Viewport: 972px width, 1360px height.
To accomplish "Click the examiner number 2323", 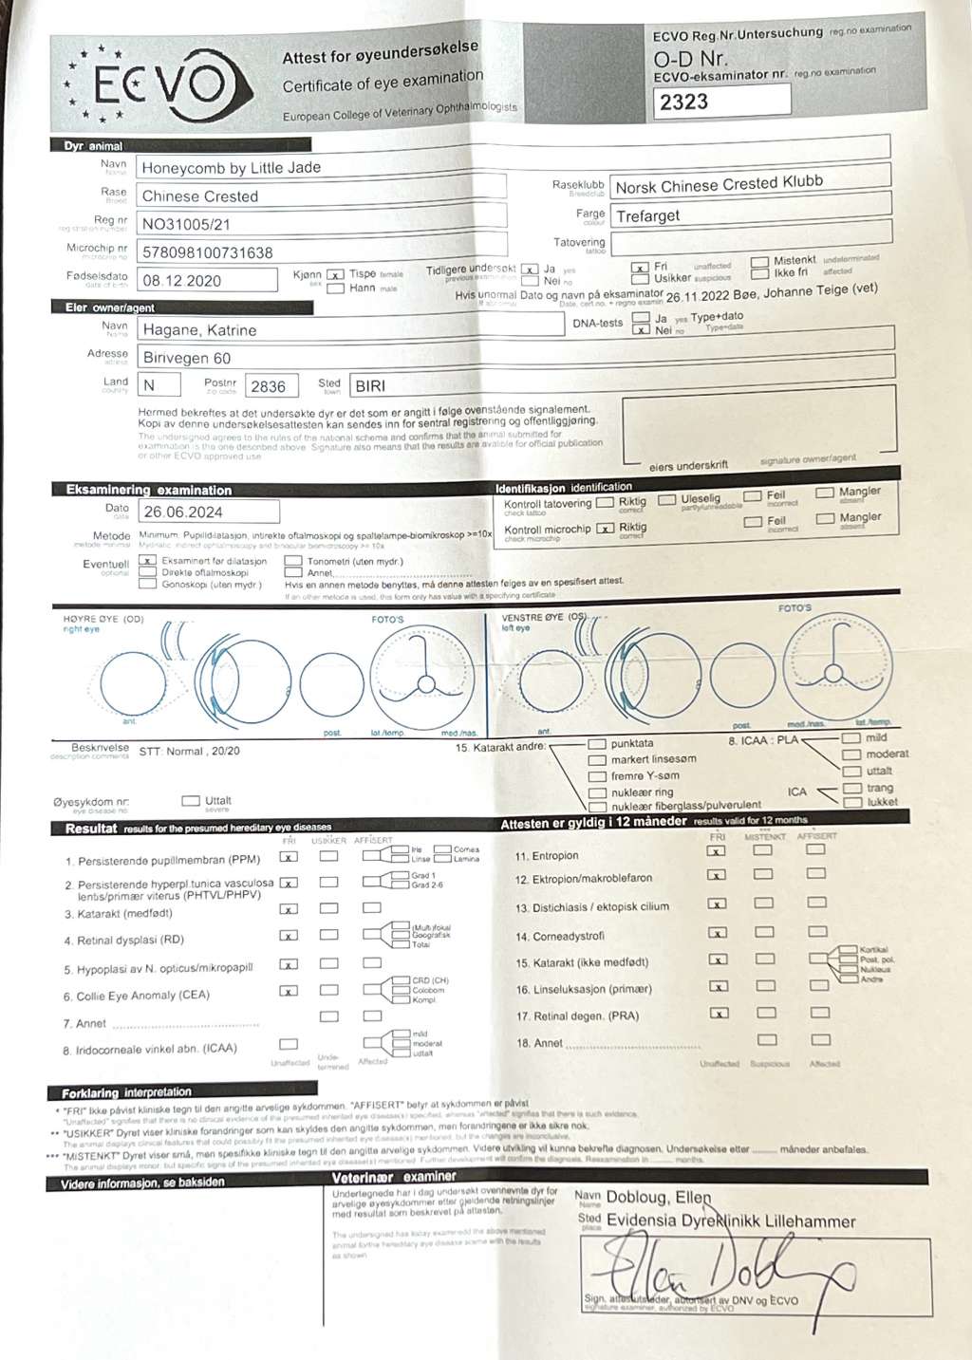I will tap(684, 102).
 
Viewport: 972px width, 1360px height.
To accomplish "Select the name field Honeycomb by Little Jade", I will tap(232, 168).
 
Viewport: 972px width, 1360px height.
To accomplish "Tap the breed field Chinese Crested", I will tap(200, 196).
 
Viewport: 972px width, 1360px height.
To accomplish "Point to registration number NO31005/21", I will tap(186, 225).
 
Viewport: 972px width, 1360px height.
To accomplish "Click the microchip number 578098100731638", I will tap(207, 252).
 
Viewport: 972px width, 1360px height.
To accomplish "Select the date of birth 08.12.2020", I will tap(181, 281).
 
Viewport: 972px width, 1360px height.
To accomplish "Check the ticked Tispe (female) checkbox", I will tap(335, 275).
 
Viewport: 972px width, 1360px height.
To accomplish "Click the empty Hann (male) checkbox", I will tap(335, 289).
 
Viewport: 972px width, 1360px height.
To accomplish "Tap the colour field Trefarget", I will tap(648, 216).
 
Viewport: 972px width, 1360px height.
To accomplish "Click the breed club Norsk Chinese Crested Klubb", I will tap(719, 184).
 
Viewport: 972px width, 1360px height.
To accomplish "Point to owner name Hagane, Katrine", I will tap(199, 330).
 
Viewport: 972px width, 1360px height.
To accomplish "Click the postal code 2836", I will tap(268, 386).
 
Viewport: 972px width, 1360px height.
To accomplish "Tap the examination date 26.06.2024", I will tap(183, 512).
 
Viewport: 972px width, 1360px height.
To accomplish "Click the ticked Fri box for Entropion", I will tap(718, 852).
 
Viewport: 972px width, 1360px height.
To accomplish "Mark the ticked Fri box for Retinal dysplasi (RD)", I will tap(289, 936).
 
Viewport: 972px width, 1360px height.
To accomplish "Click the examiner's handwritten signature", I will tap(721, 1273).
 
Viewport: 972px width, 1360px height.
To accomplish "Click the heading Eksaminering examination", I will tap(148, 491).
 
